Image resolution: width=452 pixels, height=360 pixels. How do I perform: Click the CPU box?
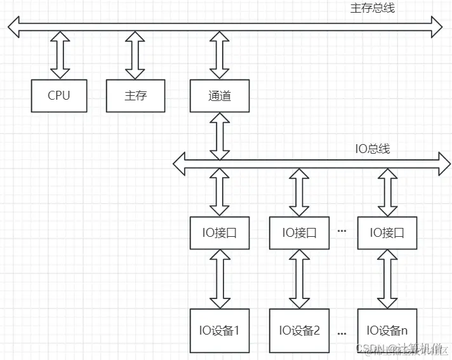tap(59, 96)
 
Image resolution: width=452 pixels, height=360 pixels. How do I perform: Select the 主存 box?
tap(135, 96)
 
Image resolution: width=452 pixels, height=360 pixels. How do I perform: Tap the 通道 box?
tap(220, 96)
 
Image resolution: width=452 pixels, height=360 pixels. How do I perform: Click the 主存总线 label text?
tap(373, 9)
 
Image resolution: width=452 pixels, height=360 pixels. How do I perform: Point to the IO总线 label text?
tap(372, 149)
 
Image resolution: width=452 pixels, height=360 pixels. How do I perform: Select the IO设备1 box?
tap(220, 330)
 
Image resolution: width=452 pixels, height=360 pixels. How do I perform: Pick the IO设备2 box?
tap(299, 330)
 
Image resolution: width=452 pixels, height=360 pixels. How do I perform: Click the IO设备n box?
tap(387, 330)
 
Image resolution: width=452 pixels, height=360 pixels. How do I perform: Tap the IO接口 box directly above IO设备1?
tap(220, 232)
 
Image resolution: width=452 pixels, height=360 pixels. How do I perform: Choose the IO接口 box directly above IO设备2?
tap(299, 232)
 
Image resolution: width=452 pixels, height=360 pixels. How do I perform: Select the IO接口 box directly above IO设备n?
tap(387, 232)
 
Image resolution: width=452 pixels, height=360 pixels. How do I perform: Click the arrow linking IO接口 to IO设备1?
tap(220, 277)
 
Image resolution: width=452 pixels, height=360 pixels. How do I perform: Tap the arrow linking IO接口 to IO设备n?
tap(386, 277)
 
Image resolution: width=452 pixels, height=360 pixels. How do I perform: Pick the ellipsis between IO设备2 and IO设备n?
tap(342, 332)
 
